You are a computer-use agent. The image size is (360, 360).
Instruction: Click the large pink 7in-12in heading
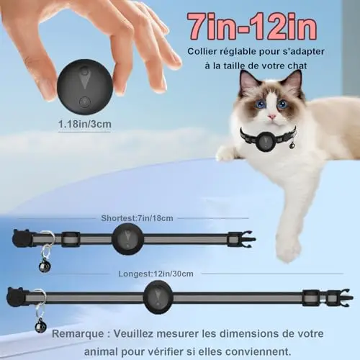[x=252, y=27]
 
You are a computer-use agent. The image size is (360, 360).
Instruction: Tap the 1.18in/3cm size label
[x=85, y=125]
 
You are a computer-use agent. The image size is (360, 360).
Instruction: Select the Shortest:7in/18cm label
[x=137, y=218]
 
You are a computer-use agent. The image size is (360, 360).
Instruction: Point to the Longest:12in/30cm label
[x=156, y=274]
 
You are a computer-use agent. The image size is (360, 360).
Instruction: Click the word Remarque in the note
[x=78, y=334]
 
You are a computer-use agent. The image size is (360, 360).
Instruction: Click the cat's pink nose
[x=272, y=117]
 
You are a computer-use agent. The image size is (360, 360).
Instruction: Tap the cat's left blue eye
[x=261, y=104]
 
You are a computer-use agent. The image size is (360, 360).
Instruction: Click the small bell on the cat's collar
[x=293, y=145]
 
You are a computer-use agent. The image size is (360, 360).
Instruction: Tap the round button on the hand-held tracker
[x=85, y=102]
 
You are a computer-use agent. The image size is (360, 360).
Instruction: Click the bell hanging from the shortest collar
[x=44, y=267]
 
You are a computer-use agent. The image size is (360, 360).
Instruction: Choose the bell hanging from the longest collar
[x=40, y=327]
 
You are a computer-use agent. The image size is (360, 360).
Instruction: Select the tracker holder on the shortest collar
[x=128, y=239]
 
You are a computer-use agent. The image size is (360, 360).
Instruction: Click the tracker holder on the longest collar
[x=158, y=297]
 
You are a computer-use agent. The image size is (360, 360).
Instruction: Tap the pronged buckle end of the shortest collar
[x=242, y=239]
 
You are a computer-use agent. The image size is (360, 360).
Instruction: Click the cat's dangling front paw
[x=288, y=250]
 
